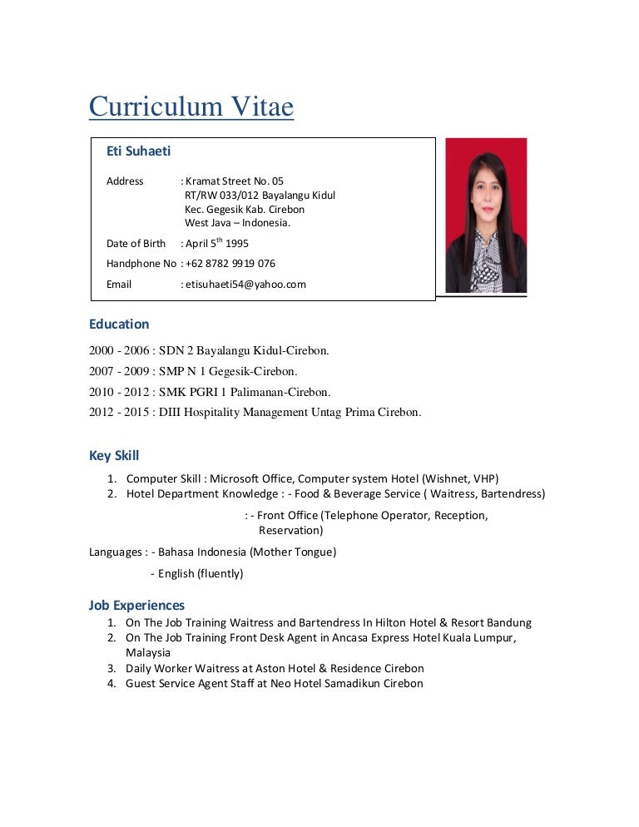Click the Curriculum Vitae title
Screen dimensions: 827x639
pyautogui.click(x=191, y=107)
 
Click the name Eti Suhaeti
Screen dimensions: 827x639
pyautogui.click(x=139, y=151)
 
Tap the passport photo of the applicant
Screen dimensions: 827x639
pyautogui.click(x=486, y=215)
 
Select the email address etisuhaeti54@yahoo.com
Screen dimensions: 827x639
pyautogui.click(x=245, y=284)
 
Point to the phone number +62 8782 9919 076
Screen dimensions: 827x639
pyautogui.click(x=230, y=264)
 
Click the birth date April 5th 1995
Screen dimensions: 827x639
pyautogui.click(x=217, y=243)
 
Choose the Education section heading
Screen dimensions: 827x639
pyautogui.click(x=119, y=324)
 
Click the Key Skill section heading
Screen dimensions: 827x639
pyautogui.click(x=114, y=455)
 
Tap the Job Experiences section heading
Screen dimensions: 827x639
pyautogui.click(x=136, y=605)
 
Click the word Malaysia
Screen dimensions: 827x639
pyautogui.click(x=148, y=653)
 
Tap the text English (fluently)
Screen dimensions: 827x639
pyautogui.click(x=201, y=573)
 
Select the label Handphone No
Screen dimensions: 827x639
pyautogui.click(x=141, y=264)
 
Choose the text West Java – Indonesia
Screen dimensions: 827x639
pyautogui.click(x=238, y=222)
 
